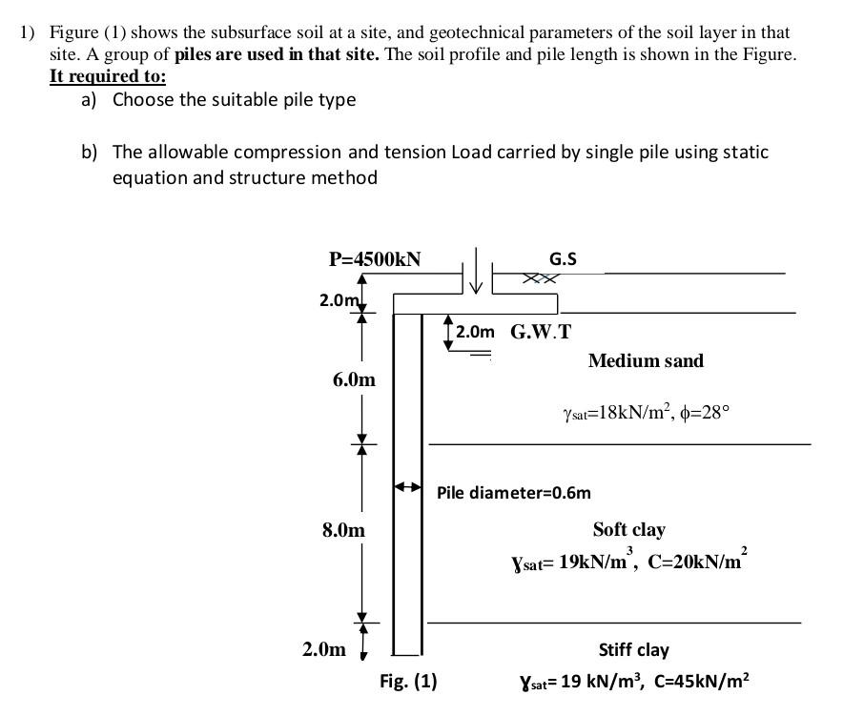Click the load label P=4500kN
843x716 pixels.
tap(374, 259)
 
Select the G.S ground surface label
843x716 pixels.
tap(563, 259)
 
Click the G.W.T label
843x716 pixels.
tap(541, 332)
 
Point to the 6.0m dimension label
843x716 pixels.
tap(354, 379)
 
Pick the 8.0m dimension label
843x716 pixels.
tap(343, 529)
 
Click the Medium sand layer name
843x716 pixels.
tap(646, 360)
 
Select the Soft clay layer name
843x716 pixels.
tap(628, 529)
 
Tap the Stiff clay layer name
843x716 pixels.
tap(633, 649)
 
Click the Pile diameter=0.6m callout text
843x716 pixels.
tap(513, 493)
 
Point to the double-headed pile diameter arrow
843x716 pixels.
tap(408, 487)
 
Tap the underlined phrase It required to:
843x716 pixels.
tap(107, 76)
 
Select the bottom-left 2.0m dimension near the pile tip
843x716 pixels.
tap(323, 649)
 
